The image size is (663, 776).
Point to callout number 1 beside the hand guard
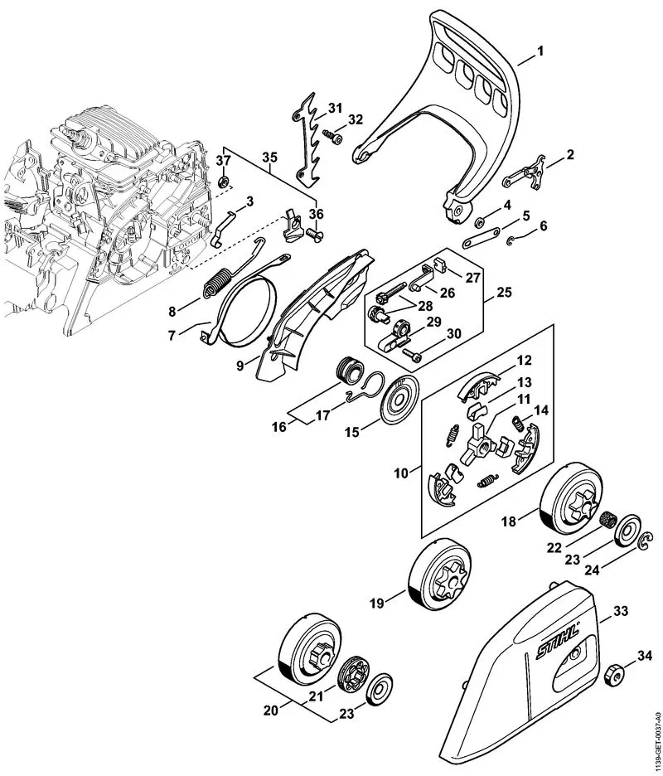coord(540,52)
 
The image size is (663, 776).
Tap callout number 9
coord(239,362)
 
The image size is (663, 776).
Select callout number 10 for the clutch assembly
coord(401,473)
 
